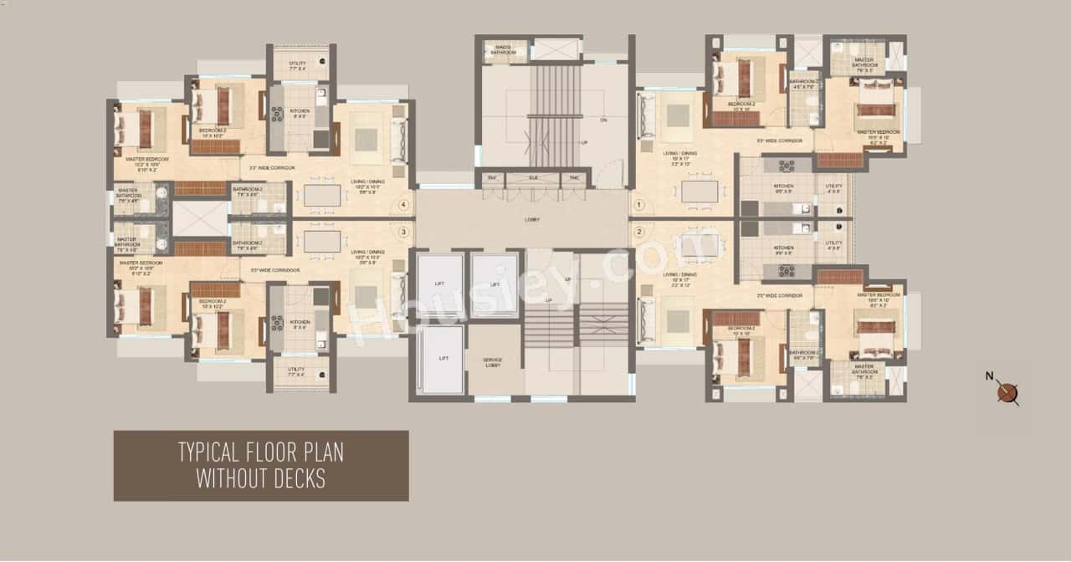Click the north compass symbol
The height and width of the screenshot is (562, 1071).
1007,392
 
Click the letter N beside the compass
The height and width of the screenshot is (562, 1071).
990,376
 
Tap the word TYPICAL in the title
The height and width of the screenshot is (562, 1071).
210,453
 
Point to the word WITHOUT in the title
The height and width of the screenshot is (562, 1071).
227,478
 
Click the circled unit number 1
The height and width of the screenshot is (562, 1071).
639,204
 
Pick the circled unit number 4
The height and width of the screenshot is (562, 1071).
404,204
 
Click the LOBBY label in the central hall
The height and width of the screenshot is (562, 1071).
532,220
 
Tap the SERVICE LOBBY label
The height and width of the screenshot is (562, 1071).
493,362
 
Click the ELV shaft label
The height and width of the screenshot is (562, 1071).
490,178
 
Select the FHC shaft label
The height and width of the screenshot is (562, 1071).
575,178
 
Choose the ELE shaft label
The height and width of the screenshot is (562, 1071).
532,178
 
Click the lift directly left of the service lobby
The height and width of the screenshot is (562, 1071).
439,360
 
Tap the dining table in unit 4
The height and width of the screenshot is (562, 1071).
322,195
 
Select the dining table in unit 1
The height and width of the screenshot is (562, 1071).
699,192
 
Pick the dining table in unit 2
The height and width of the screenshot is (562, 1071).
699,245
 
